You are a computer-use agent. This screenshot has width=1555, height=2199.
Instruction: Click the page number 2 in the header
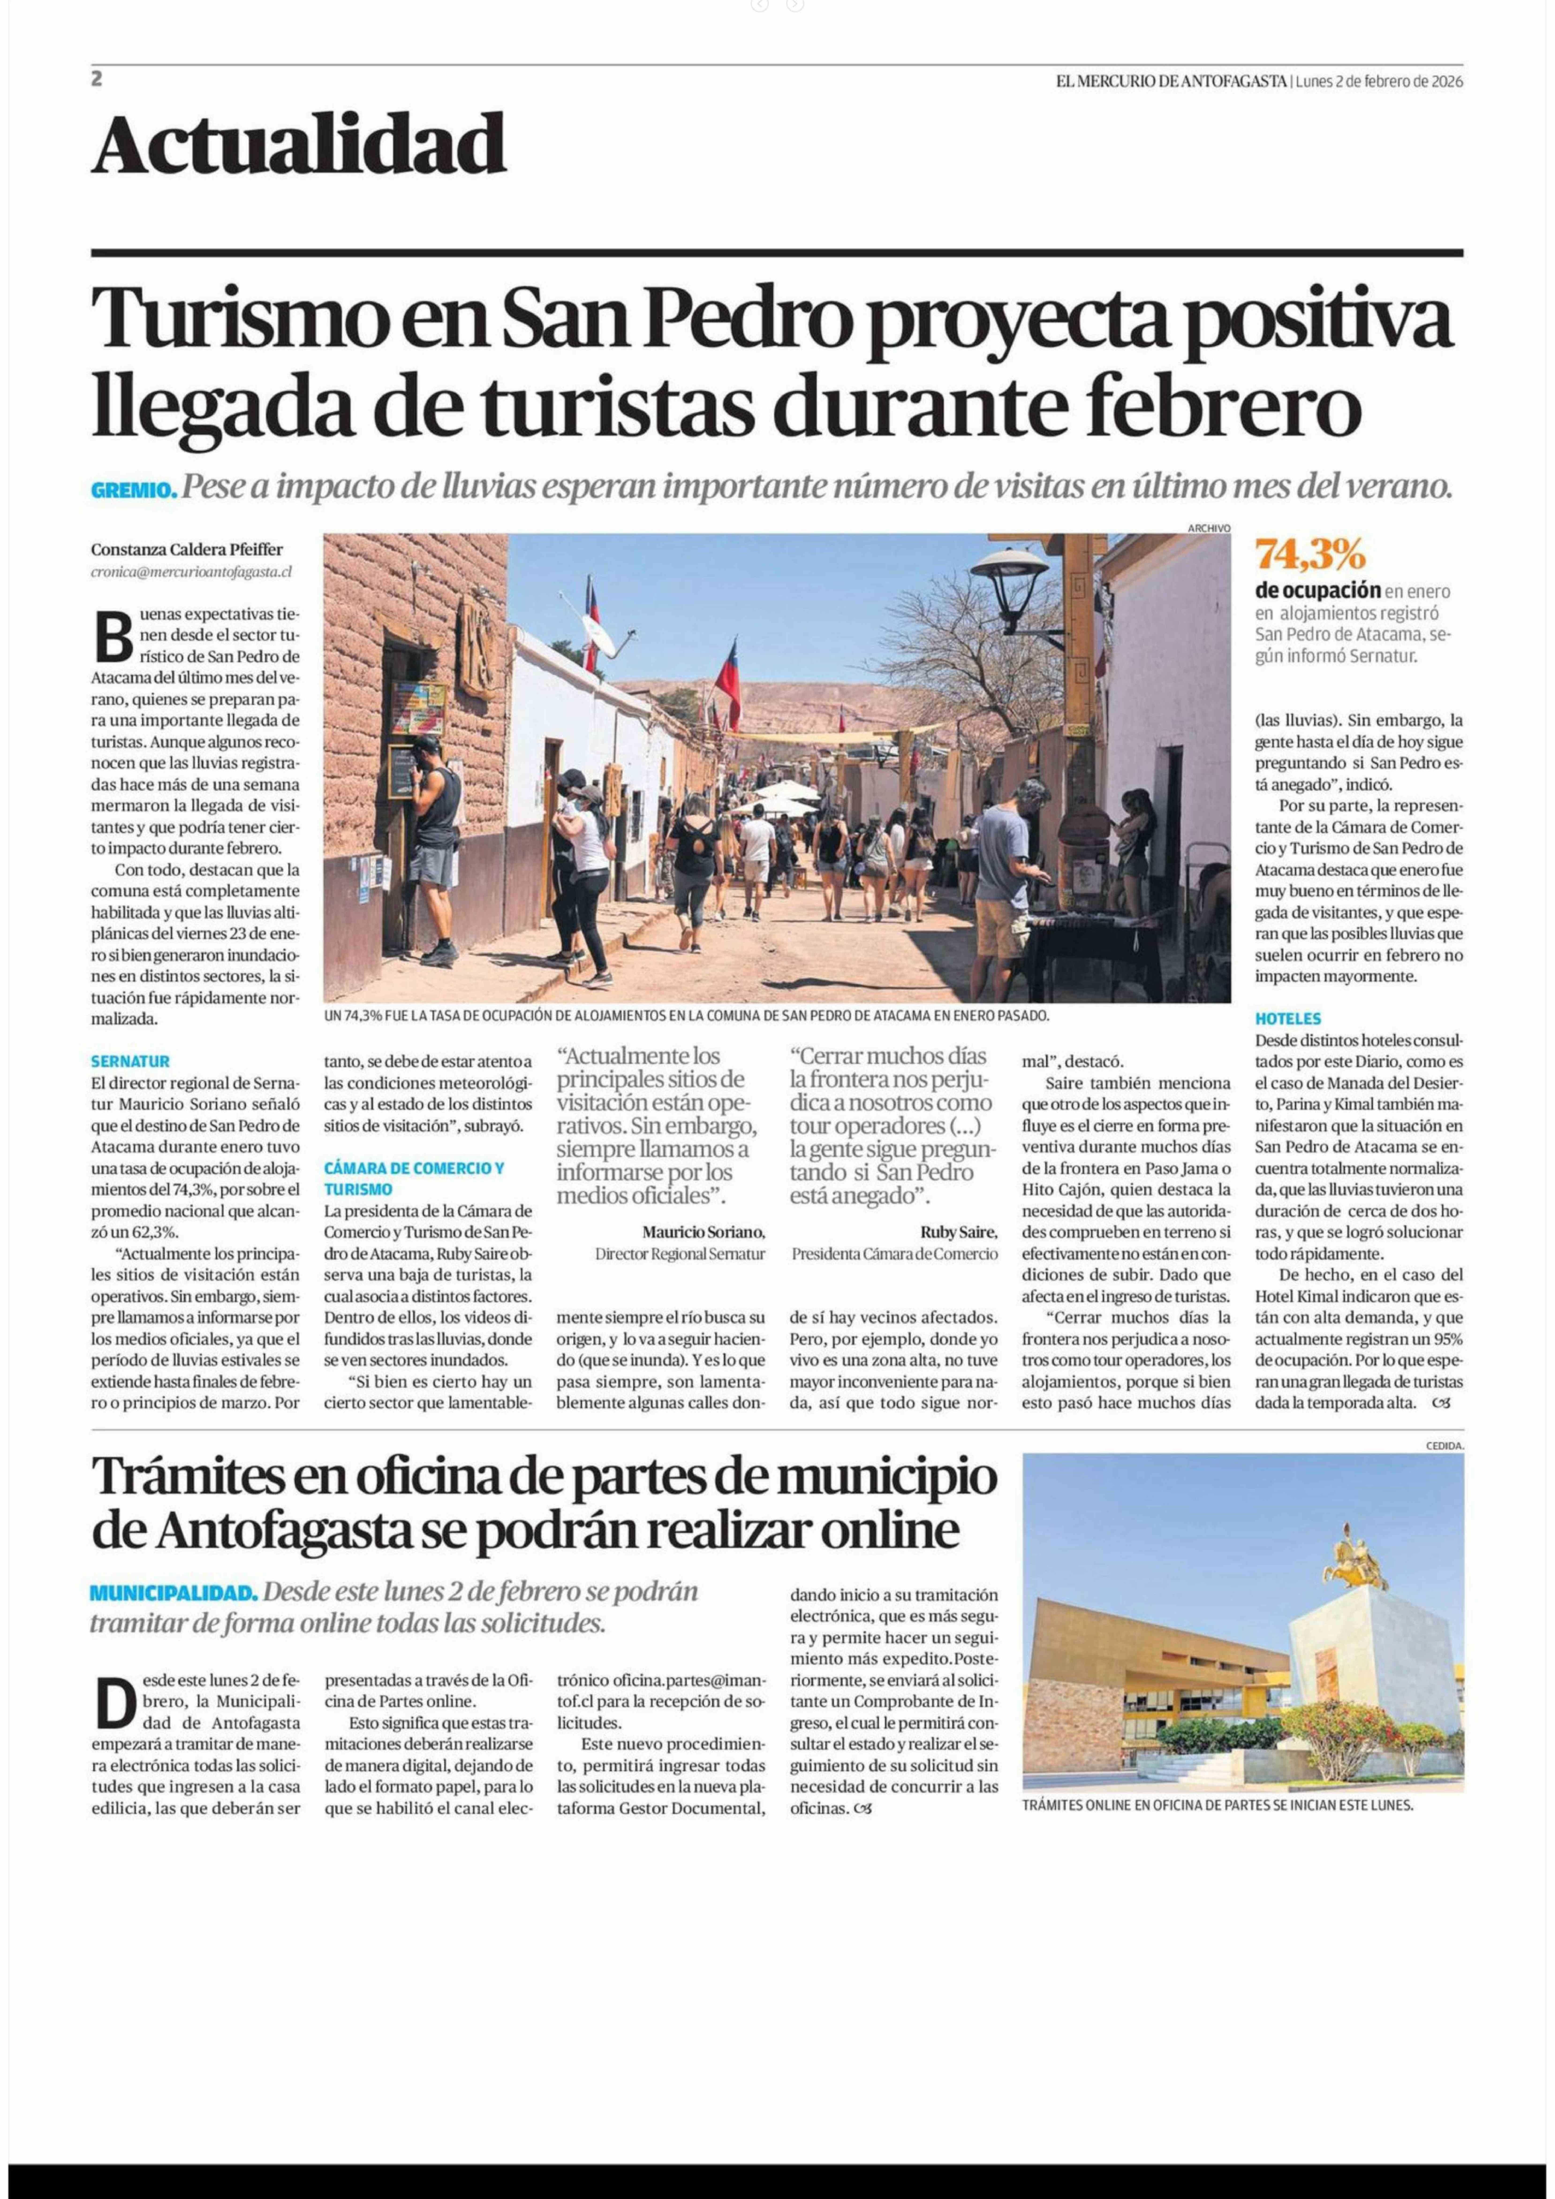pos(97,80)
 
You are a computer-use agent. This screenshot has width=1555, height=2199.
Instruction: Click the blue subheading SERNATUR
pos(130,1061)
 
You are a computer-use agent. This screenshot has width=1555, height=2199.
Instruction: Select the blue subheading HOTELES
pos(1287,1019)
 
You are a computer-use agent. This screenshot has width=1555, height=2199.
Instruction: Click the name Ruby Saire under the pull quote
pos(957,1232)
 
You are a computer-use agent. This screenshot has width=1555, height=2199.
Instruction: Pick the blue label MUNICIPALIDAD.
pos(173,1593)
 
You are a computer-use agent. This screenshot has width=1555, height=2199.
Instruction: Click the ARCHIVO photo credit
pos(1208,528)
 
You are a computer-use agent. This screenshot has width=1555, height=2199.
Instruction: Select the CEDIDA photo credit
pos(1444,1445)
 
